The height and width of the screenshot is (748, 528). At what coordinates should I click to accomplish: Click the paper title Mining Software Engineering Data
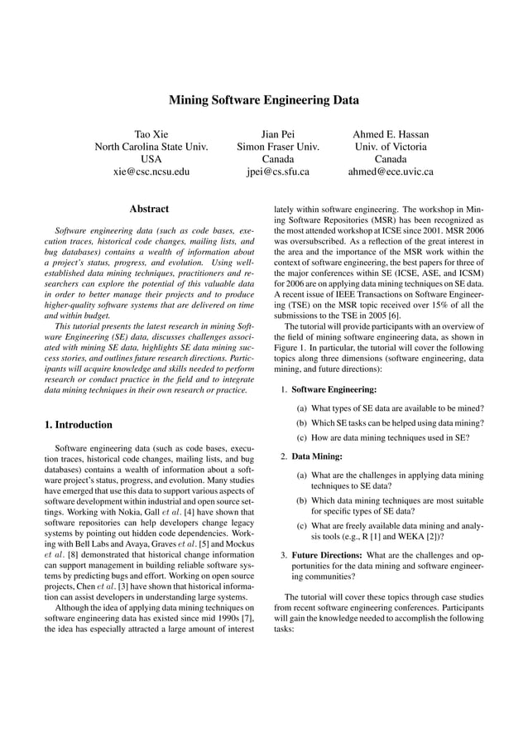264,100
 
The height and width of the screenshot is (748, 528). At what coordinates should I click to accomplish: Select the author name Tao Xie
151,134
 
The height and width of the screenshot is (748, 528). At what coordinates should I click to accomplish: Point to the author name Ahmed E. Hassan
391,134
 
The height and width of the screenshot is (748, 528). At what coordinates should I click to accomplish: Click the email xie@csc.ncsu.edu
151,172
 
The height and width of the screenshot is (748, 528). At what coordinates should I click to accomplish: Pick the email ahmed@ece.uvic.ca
391,172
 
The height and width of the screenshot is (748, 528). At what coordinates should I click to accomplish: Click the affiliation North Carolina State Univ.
151,147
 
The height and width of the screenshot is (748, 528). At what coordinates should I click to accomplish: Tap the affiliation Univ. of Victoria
391,147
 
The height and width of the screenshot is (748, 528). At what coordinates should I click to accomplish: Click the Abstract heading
149,209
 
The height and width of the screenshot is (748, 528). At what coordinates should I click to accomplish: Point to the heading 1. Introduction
79,425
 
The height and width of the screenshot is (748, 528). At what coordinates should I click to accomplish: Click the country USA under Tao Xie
151,159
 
